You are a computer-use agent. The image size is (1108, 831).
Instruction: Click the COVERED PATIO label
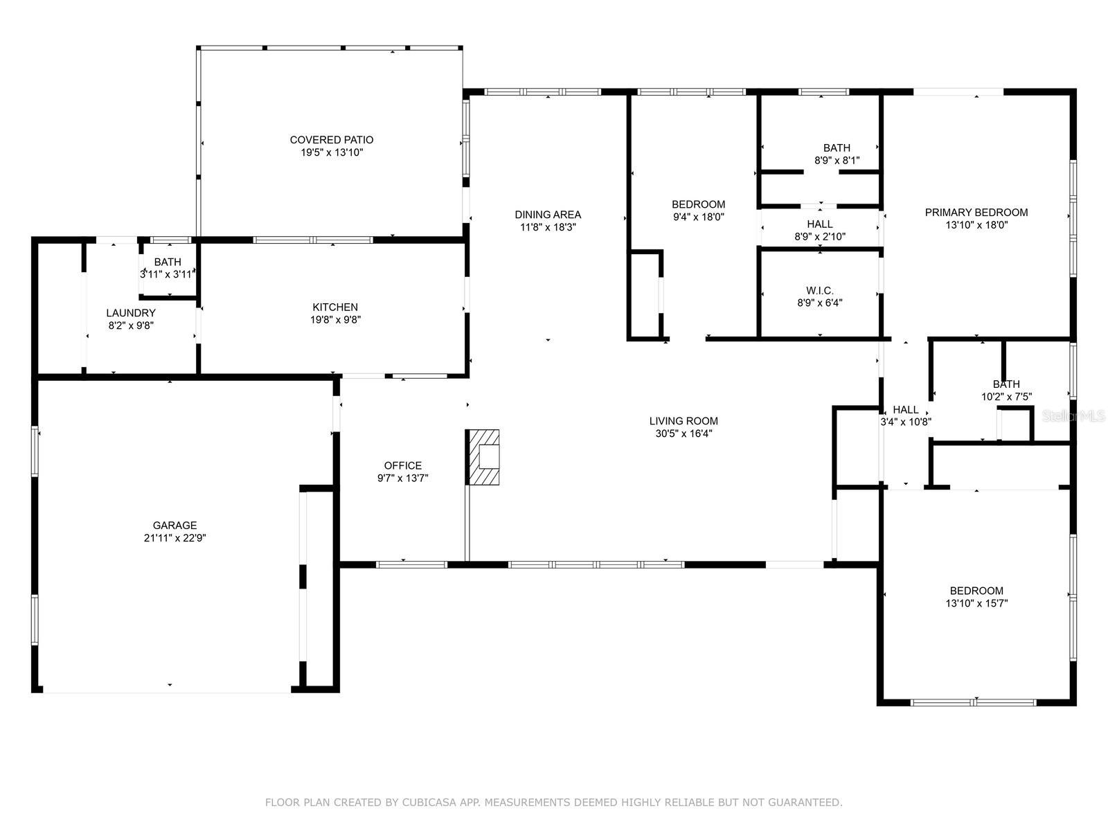(331, 140)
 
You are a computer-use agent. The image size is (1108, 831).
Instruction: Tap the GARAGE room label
(175, 525)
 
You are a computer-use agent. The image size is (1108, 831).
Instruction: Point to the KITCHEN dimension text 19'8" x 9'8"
(335, 319)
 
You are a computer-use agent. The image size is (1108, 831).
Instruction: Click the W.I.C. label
(819, 291)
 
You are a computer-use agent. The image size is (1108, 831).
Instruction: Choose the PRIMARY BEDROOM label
(976, 213)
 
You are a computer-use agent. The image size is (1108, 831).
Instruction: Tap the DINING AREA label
(548, 215)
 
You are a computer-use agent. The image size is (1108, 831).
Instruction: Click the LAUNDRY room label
(131, 313)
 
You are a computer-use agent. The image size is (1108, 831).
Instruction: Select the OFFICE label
(402, 465)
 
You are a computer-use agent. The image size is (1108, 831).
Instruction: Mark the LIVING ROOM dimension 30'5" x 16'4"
(683, 434)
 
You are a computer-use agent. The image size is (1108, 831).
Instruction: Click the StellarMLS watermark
(1073, 415)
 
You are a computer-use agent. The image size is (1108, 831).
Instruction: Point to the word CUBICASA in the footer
(429, 802)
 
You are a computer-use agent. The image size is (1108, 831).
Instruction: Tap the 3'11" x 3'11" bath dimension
(167, 274)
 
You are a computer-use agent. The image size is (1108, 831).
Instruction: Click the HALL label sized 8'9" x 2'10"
(819, 224)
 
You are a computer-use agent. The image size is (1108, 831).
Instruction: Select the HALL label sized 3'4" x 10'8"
(905, 410)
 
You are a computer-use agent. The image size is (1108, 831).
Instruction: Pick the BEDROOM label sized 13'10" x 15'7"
(976, 591)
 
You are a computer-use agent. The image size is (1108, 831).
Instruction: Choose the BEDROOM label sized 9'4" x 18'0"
(698, 204)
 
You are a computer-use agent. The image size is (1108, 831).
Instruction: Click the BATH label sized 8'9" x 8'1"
(837, 148)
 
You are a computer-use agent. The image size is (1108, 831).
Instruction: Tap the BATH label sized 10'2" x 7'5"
(1006, 384)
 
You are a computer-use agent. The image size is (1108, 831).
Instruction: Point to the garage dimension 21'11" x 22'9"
(175, 538)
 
